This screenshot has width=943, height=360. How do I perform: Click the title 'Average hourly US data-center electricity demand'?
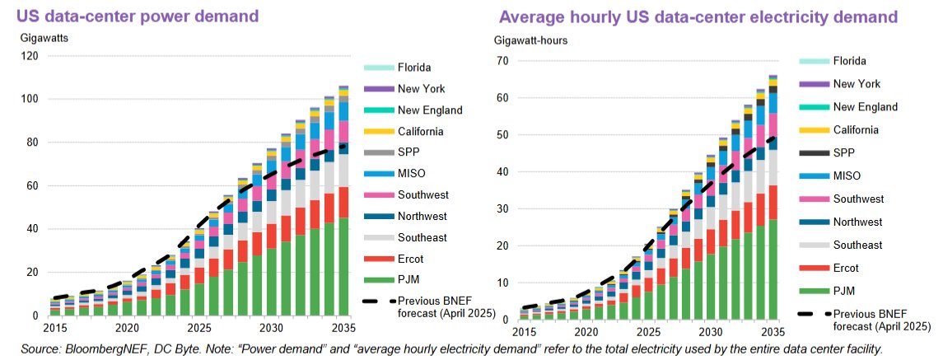click(x=697, y=16)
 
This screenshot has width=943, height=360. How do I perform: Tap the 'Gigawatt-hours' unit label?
click(x=530, y=40)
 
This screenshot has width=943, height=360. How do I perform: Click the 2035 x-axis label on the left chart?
click(x=343, y=328)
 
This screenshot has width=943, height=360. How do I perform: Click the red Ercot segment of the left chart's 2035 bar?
click(x=343, y=202)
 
